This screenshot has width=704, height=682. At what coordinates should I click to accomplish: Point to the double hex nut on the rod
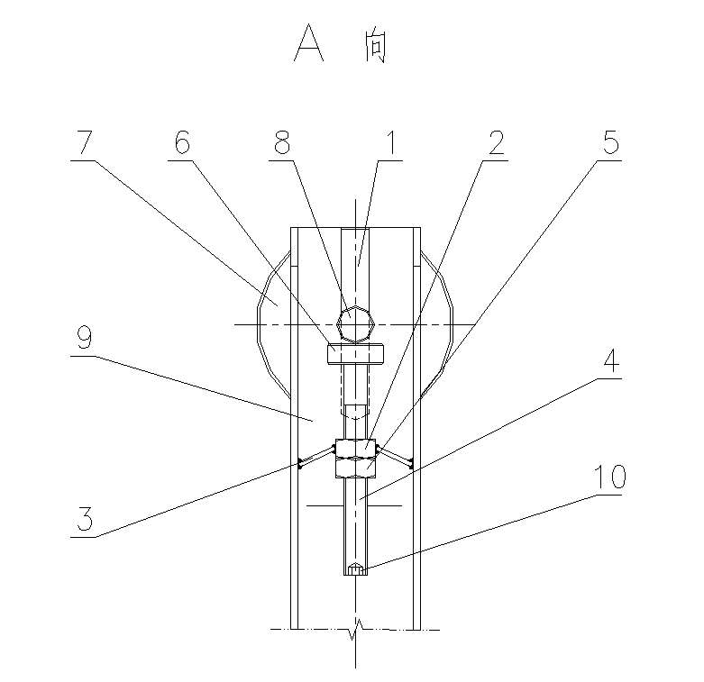click(x=354, y=458)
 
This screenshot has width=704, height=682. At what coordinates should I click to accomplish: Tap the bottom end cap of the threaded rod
click(x=356, y=569)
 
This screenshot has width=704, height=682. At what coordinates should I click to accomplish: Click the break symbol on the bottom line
click(x=359, y=624)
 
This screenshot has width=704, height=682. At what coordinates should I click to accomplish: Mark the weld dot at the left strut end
click(x=299, y=465)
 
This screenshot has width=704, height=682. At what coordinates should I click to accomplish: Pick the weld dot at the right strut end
click(x=410, y=465)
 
